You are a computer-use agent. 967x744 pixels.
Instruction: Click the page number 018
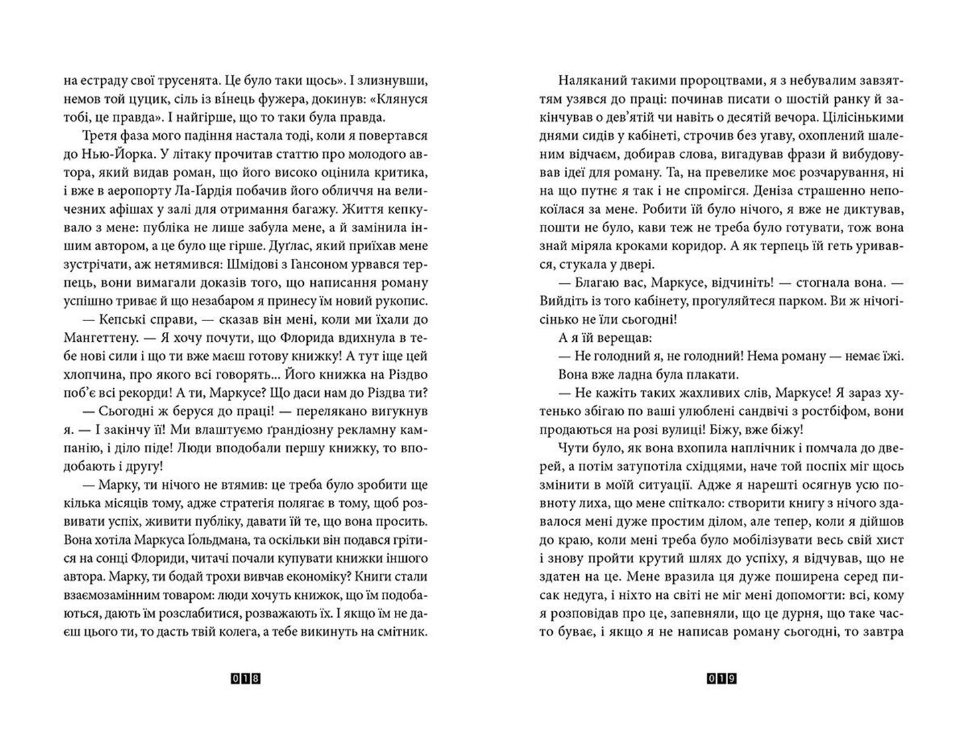point(246,680)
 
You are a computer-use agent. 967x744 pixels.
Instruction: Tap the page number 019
point(721,680)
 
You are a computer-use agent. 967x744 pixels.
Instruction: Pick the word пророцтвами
point(717,81)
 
